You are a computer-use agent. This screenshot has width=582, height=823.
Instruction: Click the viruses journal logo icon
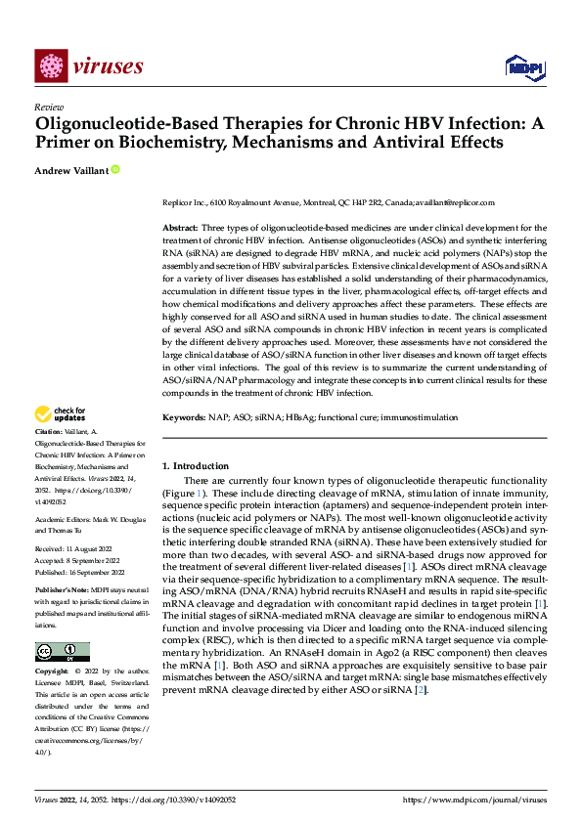pyautogui.click(x=51, y=65)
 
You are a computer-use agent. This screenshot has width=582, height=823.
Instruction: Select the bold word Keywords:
pyautogui.click(x=183, y=417)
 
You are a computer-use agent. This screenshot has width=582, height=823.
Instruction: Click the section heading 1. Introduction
pyautogui.click(x=196, y=466)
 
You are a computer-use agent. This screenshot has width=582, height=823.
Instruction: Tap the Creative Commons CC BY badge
pyautogui.click(x=63, y=652)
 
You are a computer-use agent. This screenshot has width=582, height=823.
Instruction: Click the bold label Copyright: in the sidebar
pyautogui.click(x=53, y=671)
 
